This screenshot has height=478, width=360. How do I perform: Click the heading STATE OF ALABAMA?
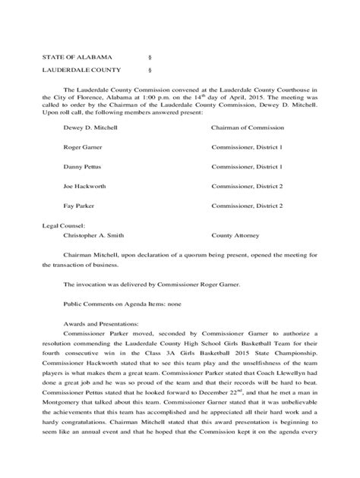point(77,57)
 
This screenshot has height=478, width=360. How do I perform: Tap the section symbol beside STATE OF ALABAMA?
point(147,57)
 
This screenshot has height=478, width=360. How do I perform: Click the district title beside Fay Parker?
point(247,205)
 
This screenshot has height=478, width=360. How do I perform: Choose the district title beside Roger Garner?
point(247,147)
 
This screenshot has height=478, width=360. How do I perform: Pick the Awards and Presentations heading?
point(98,324)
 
